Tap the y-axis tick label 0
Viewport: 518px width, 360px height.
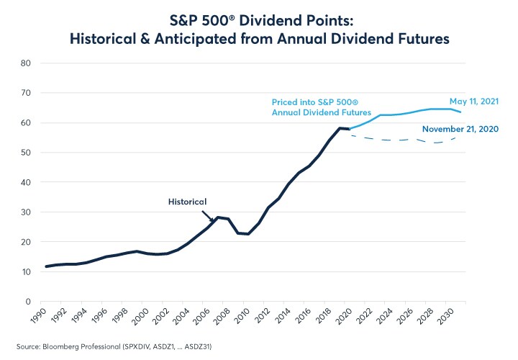click(27, 302)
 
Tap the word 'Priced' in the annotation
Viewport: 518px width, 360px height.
click(284, 102)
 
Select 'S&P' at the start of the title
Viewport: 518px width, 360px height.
click(186, 19)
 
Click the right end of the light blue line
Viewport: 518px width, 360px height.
click(460, 112)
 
